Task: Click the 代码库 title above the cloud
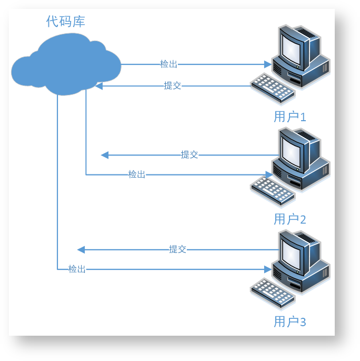click(66, 22)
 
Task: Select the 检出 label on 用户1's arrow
click(169, 64)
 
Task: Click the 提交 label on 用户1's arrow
click(173, 85)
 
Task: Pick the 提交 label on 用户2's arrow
click(189, 154)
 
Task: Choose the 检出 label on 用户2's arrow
click(137, 174)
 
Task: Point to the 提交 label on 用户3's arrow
click(178, 249)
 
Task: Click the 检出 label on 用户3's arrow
click(77, 269)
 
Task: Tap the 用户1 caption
click(289, 116)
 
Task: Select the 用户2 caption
click(289, 219)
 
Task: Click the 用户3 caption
click(289, 321)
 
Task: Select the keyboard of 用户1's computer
click(272, 87)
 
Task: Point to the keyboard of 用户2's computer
click(272, 190)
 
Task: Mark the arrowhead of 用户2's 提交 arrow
click(104, 155)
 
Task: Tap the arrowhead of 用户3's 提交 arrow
click(81, 249)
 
